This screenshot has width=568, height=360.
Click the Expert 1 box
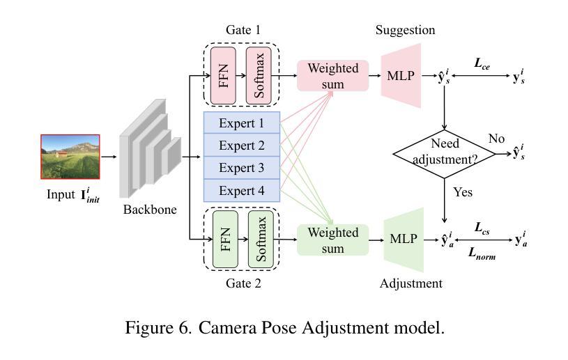pos(241,123)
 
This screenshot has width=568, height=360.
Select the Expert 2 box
pos(241,146)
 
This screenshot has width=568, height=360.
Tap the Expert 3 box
pos(241,168)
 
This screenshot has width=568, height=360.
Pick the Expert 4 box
pos(241,190)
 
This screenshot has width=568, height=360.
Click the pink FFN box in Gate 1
pos(224,75)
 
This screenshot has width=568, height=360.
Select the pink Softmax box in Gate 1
pos(259,75)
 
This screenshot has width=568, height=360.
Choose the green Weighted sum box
pos(333,239)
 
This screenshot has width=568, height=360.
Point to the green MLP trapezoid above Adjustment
pos(404,239)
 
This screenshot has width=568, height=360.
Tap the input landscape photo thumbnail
pos(70,157)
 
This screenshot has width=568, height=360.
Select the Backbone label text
pos(150,209)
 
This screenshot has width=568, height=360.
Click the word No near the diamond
pos(496,139)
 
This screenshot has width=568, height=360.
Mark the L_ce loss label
pos(482,63)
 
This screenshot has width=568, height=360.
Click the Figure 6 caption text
pos(284,327)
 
